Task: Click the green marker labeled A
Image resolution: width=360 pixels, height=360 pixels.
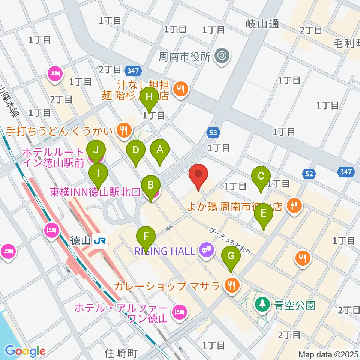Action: click(160, 150)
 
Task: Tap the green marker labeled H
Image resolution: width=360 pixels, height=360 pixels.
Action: click(149, 97)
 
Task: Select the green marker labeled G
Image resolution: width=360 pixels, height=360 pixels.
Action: click(231, 256)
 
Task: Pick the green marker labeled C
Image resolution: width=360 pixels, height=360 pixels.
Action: click(261, 176)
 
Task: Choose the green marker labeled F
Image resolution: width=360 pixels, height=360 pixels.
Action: click(147, 237)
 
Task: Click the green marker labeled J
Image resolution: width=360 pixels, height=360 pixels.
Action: click(96, 150)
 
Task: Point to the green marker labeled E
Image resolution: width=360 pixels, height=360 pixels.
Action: click(264, 213)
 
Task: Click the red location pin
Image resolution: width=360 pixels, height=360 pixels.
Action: click(198, 174)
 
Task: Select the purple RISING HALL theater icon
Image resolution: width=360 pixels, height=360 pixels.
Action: click(207, 248)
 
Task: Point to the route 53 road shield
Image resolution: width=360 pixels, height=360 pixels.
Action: click(213, 133)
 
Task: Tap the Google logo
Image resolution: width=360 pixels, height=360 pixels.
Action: click(25, 351)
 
